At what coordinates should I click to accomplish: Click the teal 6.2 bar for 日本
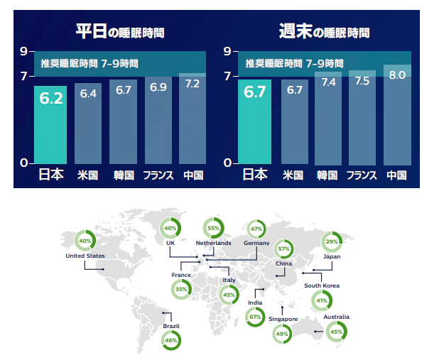click(x=52, y=124)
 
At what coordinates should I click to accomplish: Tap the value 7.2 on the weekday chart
click(x=192, y=84)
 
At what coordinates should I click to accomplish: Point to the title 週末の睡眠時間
click(x=324, y=32)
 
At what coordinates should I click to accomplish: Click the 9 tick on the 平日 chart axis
click(x=23, y=51)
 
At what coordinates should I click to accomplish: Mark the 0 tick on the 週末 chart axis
click(x=228, y=163)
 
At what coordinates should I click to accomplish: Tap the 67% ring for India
click(x=255, y=317)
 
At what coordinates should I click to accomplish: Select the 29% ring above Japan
click(x=332, y=242)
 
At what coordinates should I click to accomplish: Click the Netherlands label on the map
click(x=213, y=244)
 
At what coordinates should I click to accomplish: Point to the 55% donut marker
click(x=213, y=228)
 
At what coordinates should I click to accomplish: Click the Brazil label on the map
click(x=170, y=326)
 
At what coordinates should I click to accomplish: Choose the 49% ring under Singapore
click(x=283, y=334)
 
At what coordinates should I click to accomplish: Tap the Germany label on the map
click(x=256, y=244)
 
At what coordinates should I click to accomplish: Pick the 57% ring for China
click(x=284, y=249)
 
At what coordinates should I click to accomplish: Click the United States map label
click(x=85, y=256)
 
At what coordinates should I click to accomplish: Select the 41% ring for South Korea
click(x=322, y=300)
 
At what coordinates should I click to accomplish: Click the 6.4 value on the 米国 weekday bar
click(x=88, y=94)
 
